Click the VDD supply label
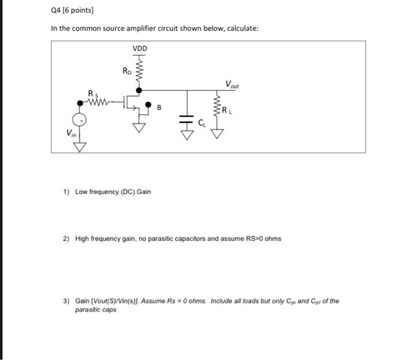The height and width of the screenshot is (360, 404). tap(140, 49)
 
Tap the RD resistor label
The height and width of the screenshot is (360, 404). tap(126, 71)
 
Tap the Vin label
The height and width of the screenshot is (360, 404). tap(70, 133)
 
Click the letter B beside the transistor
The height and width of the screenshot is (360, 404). tap(160, 107)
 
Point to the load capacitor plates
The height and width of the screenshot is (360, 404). tap(186, 120)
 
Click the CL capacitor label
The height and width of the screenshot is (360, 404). tap(201, 122)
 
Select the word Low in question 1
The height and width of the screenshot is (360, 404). tap(83, 192)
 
